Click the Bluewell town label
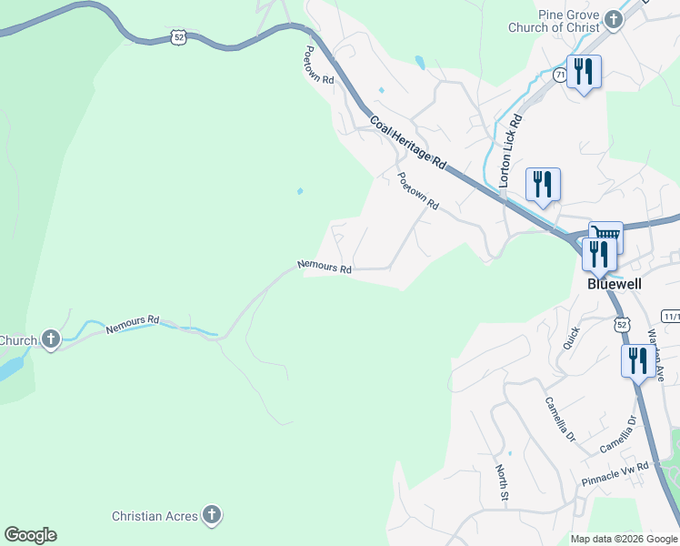click(614, 284)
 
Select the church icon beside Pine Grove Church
click(613, 19)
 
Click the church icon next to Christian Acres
click(211, 516)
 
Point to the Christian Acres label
click(155, 516)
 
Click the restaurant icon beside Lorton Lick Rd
click(543, 185)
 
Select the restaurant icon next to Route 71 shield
click(584, 72)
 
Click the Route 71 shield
click(559, 75)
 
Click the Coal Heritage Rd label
click(408, 142)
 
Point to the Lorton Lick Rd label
click(510, 151)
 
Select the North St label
click(502, 482)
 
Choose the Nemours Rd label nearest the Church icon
click(132, 324)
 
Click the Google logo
click(30, 535)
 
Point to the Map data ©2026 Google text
click(624, 539)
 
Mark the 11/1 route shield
click(671, 316)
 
